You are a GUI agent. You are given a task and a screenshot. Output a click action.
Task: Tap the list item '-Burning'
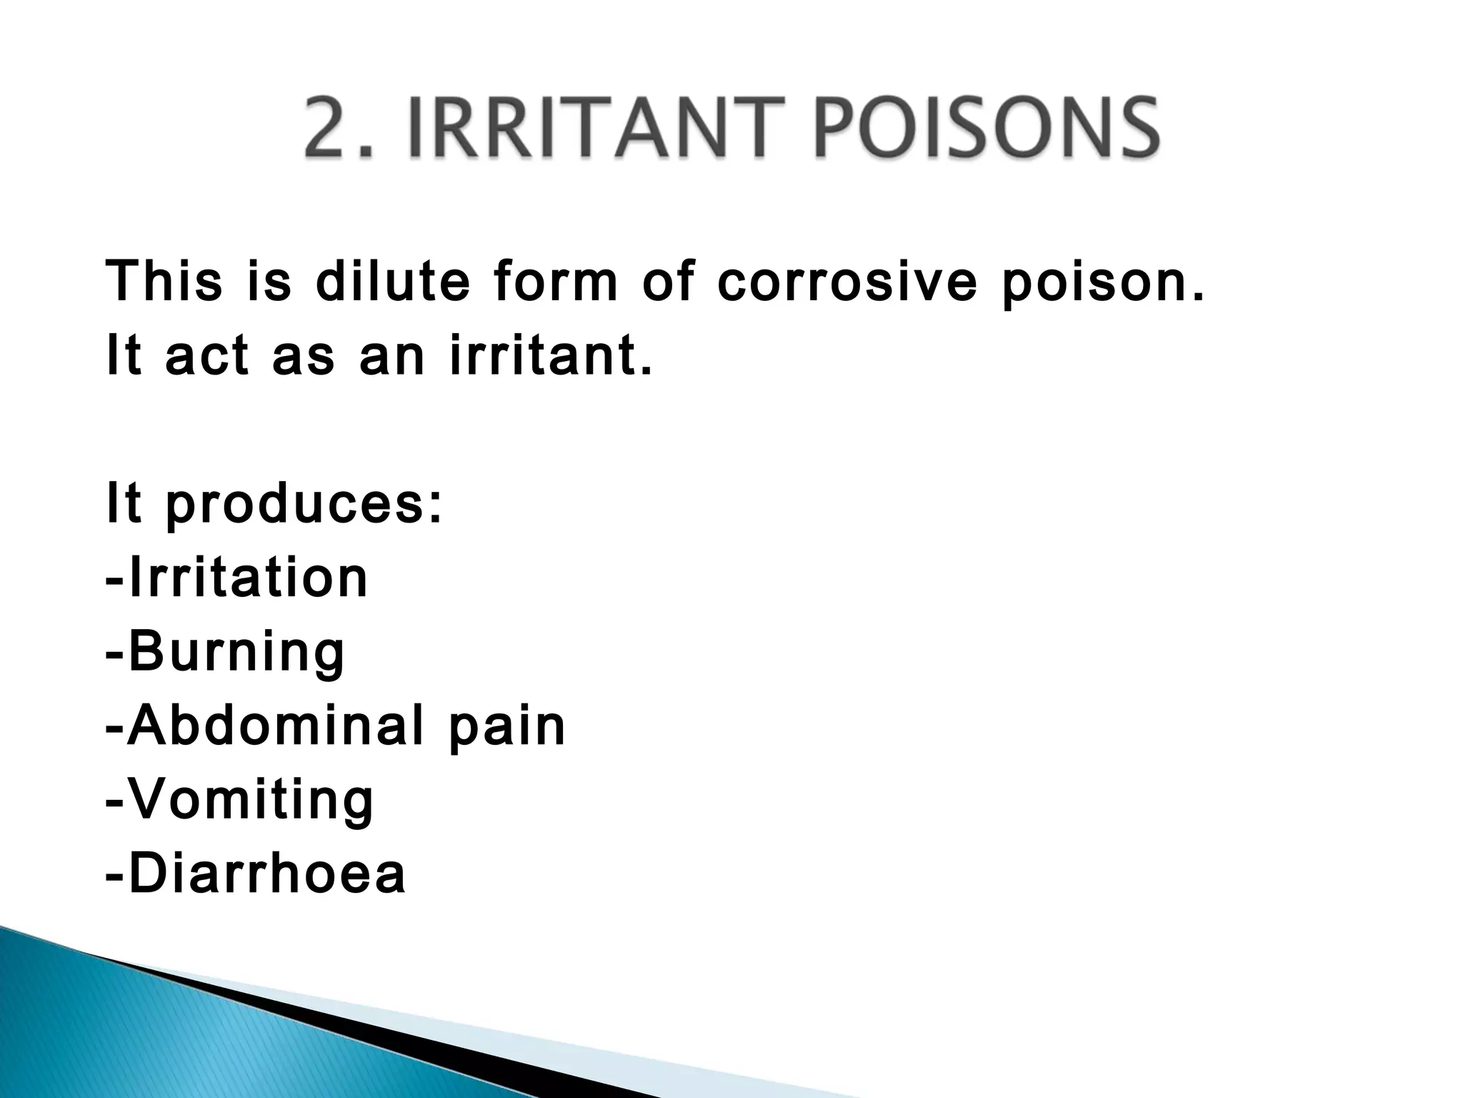click(225, 652)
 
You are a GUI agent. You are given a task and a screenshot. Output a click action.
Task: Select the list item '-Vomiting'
click(239, 801)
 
